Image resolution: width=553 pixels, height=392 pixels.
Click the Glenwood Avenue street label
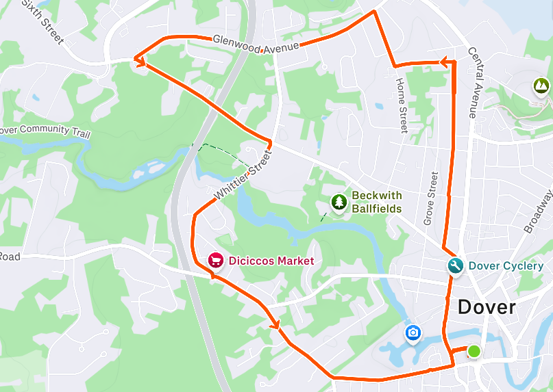(x=256, y=44)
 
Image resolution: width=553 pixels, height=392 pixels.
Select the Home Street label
(x=402, y=105)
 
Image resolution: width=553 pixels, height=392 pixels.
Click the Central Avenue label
(x=473, y=82)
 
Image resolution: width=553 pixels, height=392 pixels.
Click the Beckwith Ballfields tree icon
(x=339, y=202)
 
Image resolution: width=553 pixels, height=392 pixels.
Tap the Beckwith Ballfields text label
(x=376, y=202)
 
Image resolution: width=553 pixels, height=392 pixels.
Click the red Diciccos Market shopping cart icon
(x=215, y=261)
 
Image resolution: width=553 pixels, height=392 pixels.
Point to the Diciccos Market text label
(x=271, y=261)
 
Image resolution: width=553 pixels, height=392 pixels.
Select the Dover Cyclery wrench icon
(x=455, y=265)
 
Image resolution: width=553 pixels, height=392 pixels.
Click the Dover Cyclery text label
(x=506, y=265)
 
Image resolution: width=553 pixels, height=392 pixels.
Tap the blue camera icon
(x=413, y=333)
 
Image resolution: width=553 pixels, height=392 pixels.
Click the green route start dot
(x=474, y=352)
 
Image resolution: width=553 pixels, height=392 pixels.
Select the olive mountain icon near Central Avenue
(x=541, y=86)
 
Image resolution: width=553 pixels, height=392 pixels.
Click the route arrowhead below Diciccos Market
(x=276, y=324)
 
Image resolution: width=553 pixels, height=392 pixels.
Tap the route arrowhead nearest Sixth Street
(x=140, y=61)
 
